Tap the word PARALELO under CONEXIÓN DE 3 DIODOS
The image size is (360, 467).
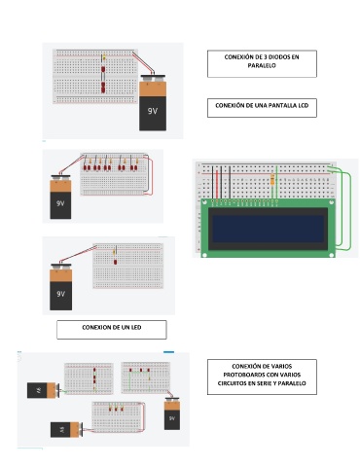(262, 65)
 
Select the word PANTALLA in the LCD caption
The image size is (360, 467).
(273, 105)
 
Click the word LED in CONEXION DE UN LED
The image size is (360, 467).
(136, 327)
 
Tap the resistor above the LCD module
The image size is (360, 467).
(272, 179)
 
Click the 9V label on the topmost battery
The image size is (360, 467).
(153, 111)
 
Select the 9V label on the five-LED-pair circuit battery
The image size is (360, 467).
(60, 203)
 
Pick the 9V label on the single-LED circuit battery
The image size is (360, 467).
(60, 294)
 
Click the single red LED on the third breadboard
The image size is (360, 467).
(115, 262)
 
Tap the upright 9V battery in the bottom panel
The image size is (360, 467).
(172, 413)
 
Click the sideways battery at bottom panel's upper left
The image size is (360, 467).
(43, 390)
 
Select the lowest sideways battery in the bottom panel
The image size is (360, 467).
(66, 429)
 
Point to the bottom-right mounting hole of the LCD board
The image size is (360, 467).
(332, 255)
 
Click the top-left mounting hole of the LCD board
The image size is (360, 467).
(204, 202)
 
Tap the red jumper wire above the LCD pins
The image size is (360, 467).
(217, 183)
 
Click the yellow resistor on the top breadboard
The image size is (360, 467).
(104, 57)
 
